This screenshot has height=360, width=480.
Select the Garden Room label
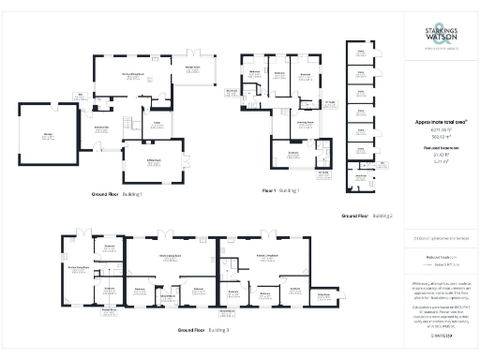[199, 68]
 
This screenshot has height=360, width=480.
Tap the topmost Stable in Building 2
[360, 54]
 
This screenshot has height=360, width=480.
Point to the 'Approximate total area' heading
[441, 122]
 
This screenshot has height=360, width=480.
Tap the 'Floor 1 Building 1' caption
[281, 190]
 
